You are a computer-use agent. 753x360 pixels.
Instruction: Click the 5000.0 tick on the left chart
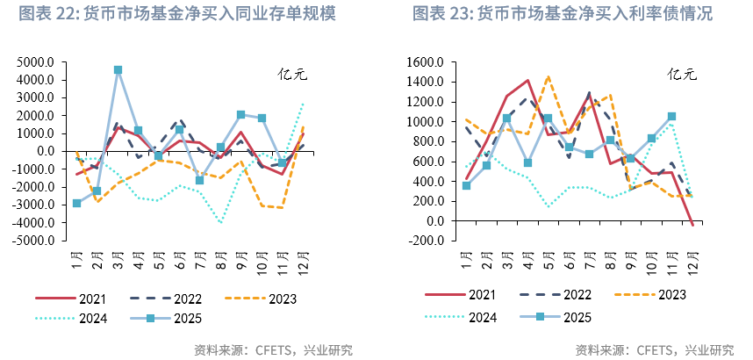point(36,62)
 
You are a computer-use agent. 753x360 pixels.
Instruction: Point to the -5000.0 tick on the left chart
point(34,240)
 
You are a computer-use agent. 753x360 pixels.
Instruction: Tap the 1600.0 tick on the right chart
point(428,62)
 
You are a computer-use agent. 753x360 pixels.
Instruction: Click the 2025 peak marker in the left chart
point(118,69)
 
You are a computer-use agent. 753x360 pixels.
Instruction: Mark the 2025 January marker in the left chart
point(77,203)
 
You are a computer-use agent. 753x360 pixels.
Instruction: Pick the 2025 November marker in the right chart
point(672,116)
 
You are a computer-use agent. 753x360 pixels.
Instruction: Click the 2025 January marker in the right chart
point(467,185)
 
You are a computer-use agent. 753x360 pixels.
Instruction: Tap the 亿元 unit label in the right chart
point(681,75)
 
